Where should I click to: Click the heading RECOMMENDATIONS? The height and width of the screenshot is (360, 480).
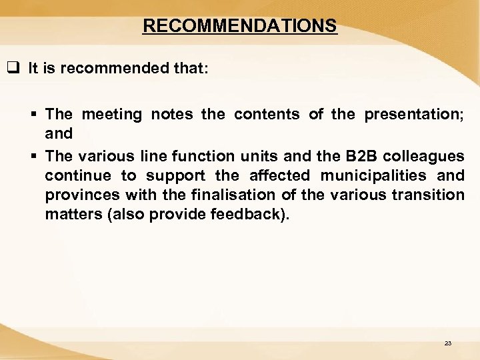click(240, 26)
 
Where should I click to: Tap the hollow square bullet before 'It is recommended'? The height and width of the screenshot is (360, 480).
click(12, 69)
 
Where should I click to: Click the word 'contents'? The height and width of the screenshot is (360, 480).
click(267, 115)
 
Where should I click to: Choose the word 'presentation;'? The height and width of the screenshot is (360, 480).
click(414, 115)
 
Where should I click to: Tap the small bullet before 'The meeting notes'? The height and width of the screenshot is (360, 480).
click(35, 115)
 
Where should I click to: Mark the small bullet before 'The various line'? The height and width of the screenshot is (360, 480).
click(35, 157)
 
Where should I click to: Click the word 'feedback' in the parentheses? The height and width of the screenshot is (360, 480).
click(253, 215)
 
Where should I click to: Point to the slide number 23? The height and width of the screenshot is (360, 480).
click(447, 343)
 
